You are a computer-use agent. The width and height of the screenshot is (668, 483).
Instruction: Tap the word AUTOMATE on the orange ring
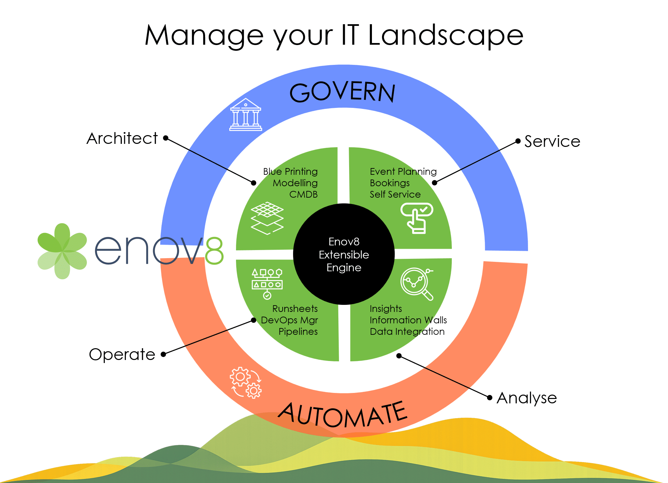pos(342,415)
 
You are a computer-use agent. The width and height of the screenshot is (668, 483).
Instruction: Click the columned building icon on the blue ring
pos(246,115)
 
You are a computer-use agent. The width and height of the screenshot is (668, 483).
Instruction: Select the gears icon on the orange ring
pos(246,383)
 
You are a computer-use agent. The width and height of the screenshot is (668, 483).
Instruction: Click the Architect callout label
pos(122,138)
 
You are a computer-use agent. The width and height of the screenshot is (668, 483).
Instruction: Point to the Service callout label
pos(552,142)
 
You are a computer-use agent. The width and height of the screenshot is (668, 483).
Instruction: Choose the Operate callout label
pos(122,355)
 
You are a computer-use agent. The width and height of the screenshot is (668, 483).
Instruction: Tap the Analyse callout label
pos(527,398)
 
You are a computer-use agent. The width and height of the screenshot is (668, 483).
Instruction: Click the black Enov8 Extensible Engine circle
pos(344,254)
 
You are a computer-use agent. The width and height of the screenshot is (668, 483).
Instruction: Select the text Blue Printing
pos(290,172)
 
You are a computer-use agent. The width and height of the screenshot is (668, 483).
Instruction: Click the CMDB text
pos(303,195)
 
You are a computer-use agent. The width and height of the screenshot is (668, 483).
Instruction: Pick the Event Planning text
pos(403,172)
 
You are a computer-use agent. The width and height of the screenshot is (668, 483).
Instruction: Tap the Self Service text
pos(395,195)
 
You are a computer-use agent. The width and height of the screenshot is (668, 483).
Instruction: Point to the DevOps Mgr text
pos(289,320)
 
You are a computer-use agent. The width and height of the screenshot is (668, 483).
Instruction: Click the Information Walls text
pos(408,320)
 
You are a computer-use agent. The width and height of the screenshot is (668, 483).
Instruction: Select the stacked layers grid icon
pos(267,218)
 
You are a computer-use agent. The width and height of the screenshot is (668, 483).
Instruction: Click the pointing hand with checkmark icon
pos(417,218)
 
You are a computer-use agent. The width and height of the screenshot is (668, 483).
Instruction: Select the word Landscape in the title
pos(445,35)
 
